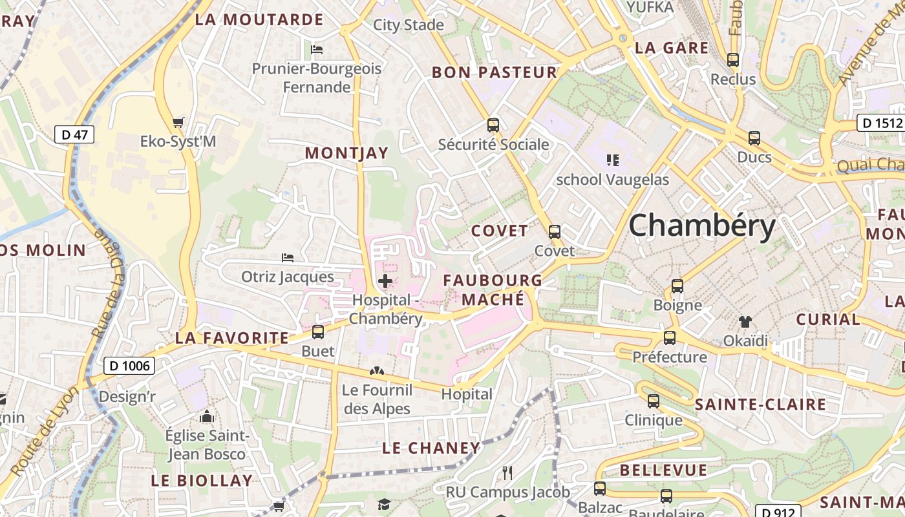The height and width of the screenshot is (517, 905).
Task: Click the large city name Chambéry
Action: [x=701, y=226]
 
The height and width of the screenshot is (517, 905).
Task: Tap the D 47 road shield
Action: [x=74, y=134]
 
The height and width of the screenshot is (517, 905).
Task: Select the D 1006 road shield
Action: [x=129, y=366]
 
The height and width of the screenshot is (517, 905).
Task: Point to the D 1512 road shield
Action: [x=880, y=123]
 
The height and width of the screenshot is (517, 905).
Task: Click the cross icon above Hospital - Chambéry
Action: [x=385, y=281]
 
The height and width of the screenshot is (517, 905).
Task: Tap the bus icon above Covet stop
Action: [x=555, y=232]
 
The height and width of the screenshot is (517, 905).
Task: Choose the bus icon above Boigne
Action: [x=677, y=286]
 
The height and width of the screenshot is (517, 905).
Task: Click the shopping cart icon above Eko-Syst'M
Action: [x=178, y=122]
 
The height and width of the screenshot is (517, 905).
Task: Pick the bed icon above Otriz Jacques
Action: [x=288, y=258]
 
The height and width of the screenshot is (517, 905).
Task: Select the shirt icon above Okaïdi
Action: [x=745, y=321]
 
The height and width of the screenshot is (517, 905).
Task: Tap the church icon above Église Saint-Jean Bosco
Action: [x=207, y=417]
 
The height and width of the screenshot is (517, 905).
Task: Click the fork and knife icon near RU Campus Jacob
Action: [x=507, y=473]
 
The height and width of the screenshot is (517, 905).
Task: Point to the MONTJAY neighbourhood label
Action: [x=346, y=153]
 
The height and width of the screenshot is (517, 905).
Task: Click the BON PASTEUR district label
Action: [x=495, y=72]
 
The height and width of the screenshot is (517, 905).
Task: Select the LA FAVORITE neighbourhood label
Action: [x=232, y=338]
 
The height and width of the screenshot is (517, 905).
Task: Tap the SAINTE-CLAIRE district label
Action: [x=760, y=405]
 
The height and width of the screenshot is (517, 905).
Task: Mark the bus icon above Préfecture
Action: [x=670, y=338]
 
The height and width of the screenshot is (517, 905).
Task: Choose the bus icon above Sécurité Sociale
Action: [x=493, y=125]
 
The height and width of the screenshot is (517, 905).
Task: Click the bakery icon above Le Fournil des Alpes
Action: [x=376, y=372]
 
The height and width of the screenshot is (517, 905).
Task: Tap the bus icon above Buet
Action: [x=318, y=332]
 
